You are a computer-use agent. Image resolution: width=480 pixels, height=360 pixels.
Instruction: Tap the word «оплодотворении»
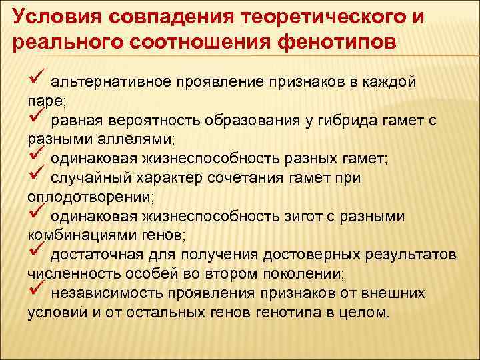88,197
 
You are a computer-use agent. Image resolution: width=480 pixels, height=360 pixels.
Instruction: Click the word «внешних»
399,293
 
